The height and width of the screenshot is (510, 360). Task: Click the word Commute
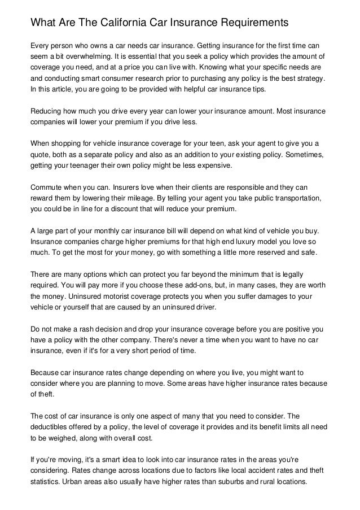49,188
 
